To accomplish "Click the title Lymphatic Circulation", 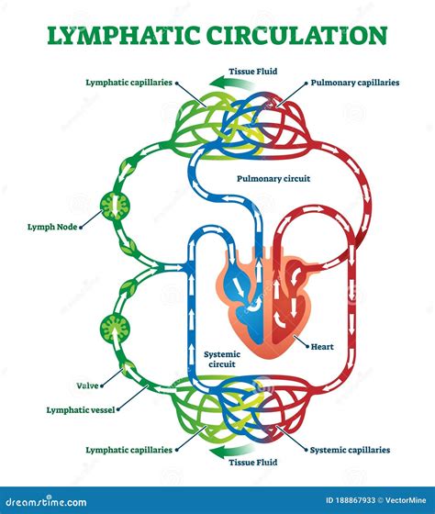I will [217, 35].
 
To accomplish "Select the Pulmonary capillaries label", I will [354, 83].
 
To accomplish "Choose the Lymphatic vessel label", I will [82, 409].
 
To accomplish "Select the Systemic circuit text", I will [221, 358].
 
